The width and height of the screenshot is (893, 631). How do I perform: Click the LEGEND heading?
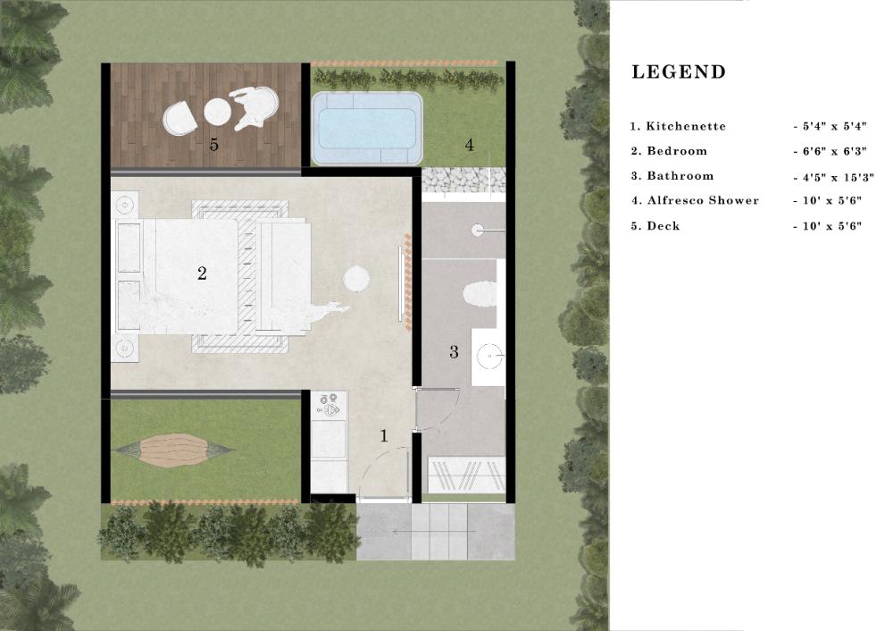point(679,72)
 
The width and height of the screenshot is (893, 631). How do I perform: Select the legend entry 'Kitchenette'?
point(686,126)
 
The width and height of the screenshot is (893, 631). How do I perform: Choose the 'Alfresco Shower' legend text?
point(703,200)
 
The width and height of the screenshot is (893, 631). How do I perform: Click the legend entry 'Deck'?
point(663,226)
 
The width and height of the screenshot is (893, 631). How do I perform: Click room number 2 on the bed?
point(202,273)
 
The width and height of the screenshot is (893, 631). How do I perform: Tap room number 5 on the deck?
point(213,145)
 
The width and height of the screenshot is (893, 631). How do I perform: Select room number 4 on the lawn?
point(469,145)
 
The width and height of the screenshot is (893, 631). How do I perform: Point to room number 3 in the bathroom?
point(454,351)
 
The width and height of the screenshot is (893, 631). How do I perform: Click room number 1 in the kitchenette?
point(384,436)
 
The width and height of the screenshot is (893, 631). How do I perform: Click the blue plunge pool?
point(367,128)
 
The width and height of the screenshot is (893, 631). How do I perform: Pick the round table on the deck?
point(217,111)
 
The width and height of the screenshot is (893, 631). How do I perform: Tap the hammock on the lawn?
point(172,450)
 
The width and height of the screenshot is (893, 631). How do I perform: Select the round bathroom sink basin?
point(489,356)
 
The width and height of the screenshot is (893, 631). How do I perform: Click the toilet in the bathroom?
point(480,293)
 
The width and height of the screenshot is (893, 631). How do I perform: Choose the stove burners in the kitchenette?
point(330,405)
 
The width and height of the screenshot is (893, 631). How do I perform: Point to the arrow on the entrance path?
point(434,532)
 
